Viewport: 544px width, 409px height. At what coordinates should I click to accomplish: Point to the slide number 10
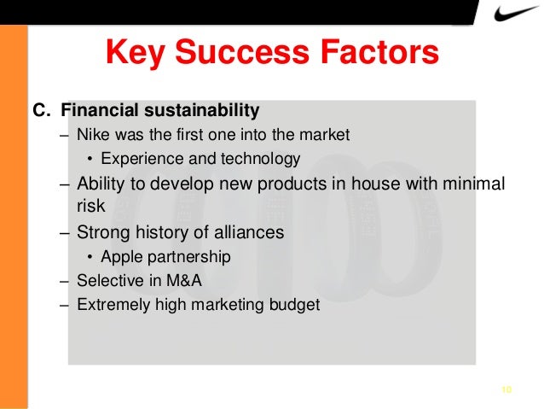506,390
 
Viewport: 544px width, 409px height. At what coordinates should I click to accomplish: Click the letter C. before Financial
42,110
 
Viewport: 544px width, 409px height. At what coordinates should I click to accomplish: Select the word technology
256,158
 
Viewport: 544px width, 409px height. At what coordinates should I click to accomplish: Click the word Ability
100,184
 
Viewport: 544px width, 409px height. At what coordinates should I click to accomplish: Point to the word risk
91,205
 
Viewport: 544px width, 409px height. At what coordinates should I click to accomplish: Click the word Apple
120,256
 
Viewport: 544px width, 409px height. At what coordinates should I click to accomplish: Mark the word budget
295,304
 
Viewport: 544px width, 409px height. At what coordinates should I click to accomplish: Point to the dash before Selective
66,280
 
